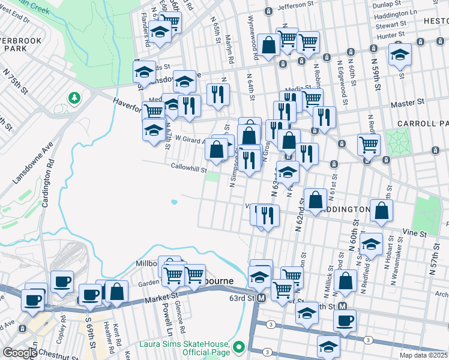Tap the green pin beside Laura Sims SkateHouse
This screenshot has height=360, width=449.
(x=239, y=347)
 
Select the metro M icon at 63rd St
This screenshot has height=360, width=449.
(x=261, y=298)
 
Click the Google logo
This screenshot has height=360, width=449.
(x=20, y=352)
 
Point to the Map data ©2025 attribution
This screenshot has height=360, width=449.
(x=422, y=355)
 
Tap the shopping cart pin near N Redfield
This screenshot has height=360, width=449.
(x=369, y=144)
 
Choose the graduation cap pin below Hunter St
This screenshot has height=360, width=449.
(x=400, y=55)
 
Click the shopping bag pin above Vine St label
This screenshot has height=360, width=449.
(x=381, y=211)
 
